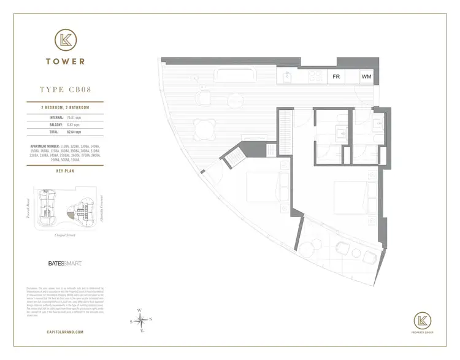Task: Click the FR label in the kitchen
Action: pyautogui.click(x=337, y=77)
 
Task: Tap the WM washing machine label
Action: pyautogui.click(x=366, y=77)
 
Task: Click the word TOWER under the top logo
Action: pyautogui.click(x=64, y=61)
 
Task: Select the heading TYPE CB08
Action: pyautogui.click(x=64, y=90)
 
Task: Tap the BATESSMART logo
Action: pyautogui.click(x=64, y=263)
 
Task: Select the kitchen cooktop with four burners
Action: pyautogui.click(x=315, y=77)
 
